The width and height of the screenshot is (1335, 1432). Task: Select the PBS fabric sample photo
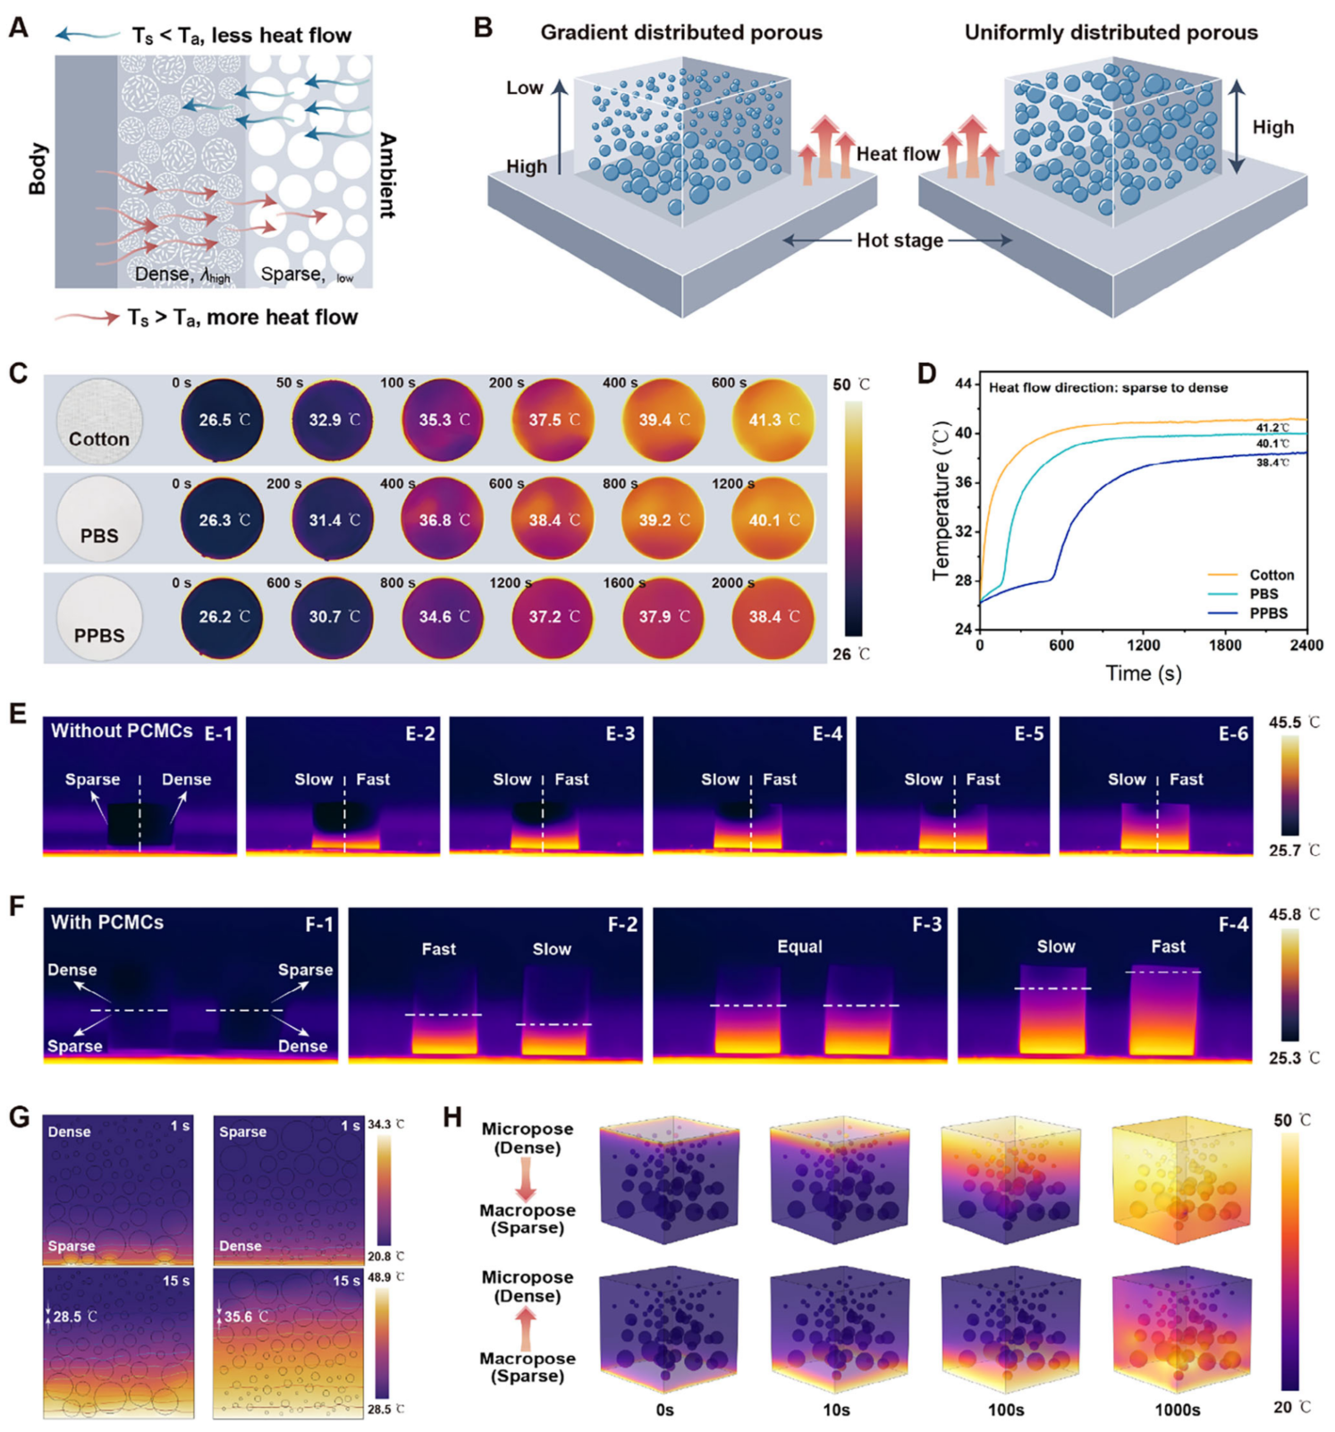coord(99,519)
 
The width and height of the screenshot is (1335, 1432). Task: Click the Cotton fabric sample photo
coord(99,420)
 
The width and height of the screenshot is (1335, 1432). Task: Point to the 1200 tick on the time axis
coord(1143,645)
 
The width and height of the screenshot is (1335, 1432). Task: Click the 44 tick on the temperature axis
coord(962,384)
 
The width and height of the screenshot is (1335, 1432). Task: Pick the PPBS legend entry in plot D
coord(1268,614)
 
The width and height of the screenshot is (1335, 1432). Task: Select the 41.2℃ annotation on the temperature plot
coord(1272,428)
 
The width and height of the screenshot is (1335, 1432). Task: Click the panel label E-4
coord(827,734)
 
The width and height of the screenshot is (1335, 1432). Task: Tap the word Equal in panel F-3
coord(799,946)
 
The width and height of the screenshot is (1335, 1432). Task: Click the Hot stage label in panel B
coord(900,241)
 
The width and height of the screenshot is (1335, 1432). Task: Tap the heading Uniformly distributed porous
coord(1111,33)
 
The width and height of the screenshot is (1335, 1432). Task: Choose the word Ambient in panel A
coord(387,175)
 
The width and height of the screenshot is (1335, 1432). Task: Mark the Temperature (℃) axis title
coord(940,501)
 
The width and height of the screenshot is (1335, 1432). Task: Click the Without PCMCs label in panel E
coord(122,731)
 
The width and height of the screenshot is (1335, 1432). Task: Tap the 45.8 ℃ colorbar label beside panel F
coord(1294,915)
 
